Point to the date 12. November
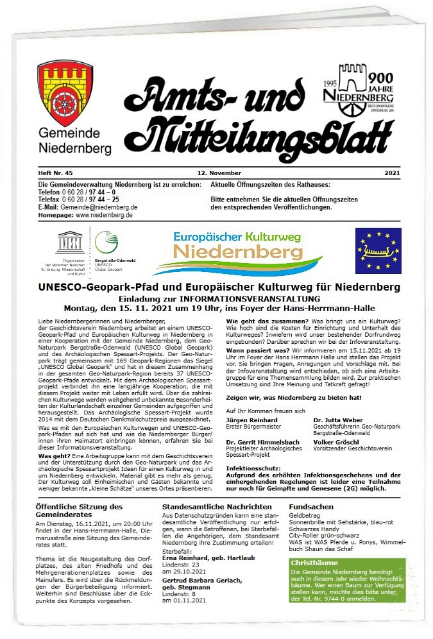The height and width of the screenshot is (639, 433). coord(219,174)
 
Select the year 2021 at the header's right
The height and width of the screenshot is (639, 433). coord(392,174)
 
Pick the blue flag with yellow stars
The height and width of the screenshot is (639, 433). coord(378,250)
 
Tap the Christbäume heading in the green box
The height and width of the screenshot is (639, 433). coord(312,563)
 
